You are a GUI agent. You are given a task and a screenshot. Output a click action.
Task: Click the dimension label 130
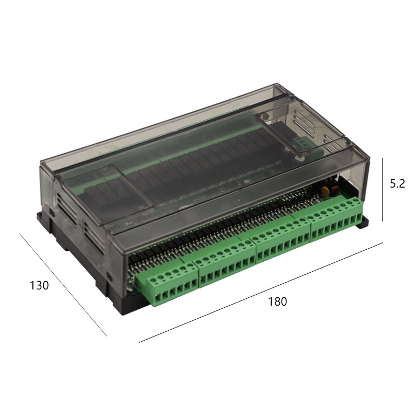(x=39, y=285)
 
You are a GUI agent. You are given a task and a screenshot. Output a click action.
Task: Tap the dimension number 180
(x=277, y=301)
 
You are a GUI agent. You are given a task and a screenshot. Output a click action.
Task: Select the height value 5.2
(x=397, y=184)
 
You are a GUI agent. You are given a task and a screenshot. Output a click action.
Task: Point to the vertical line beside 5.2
(x=383, y=190)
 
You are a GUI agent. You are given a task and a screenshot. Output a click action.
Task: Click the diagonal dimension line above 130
(x=63, y=285)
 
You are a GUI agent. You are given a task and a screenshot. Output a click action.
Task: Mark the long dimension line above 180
(x=261, y=293)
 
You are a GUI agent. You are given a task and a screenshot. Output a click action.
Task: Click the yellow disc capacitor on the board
(x=325, y=191)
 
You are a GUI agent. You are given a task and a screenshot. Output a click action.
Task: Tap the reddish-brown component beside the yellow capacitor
(x=334, y=189)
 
